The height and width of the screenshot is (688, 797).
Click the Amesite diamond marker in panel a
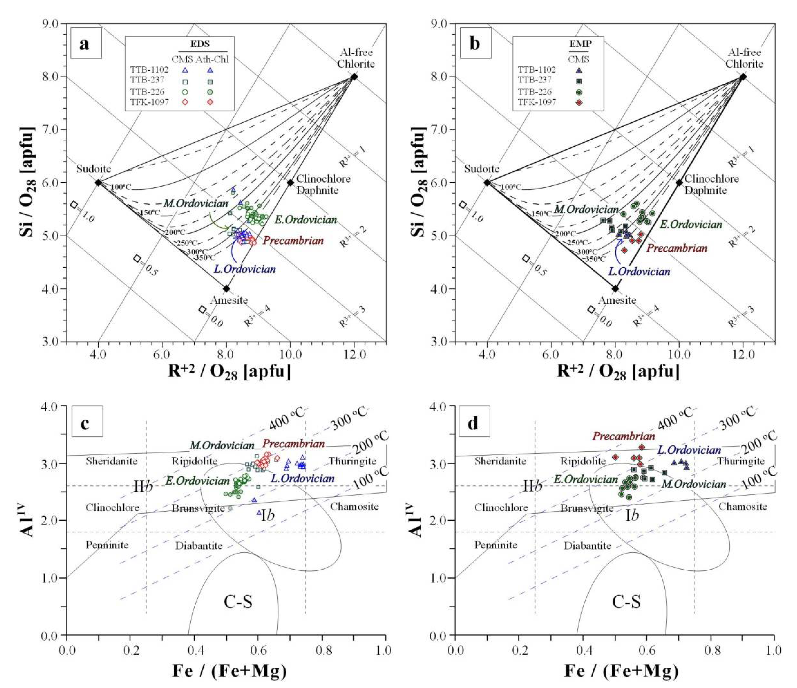coord(227,288)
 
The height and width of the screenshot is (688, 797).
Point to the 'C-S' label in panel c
coord(238,602)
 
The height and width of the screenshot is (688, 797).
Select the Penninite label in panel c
coord(107,545)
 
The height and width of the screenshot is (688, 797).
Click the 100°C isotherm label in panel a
coord(120,187)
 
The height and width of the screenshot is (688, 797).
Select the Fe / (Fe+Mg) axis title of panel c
coord(230,671)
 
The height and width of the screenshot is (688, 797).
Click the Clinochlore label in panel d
coord(501,507)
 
